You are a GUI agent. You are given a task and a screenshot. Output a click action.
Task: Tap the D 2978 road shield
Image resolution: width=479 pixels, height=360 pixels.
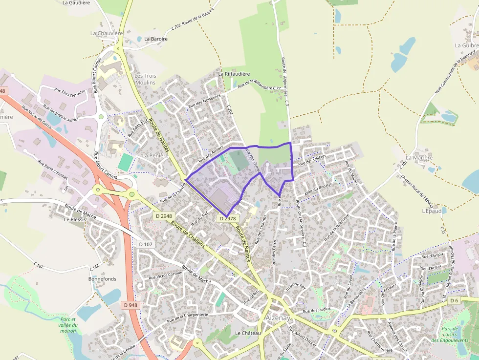coord(228,218)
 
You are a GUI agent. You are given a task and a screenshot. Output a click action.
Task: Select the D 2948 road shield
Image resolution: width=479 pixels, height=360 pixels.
coord(164,216)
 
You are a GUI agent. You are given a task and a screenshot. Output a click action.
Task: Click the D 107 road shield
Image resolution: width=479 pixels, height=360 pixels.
coord(146,244)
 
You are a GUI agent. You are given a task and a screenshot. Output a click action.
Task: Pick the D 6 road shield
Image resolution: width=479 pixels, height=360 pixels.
coord(455,300)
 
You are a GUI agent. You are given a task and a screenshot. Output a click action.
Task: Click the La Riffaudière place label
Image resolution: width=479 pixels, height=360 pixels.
coord(234,74)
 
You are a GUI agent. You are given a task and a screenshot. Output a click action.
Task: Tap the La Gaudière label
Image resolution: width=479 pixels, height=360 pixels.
coord(76,2)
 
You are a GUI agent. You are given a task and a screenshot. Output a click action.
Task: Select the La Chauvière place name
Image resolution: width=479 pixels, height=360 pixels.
coord(107,33)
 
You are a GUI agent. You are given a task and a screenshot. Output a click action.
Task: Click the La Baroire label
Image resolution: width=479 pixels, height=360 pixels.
coord(156,39)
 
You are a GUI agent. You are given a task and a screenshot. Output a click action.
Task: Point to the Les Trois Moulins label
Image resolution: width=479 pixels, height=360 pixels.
coord(145,79)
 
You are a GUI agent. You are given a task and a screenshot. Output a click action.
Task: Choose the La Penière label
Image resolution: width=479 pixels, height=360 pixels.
coord(155,155)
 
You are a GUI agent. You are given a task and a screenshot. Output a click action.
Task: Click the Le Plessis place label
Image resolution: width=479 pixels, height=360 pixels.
coord(75,219)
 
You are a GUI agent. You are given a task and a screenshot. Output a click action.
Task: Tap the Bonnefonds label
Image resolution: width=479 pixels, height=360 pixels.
coord(102,278)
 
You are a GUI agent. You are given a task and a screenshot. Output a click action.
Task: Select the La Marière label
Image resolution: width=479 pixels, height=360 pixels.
coord(419,158)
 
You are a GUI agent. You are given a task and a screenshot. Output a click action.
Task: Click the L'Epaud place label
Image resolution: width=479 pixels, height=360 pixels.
coord(432,211)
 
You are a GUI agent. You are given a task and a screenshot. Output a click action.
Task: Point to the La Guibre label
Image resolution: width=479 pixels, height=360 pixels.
coord(466,45)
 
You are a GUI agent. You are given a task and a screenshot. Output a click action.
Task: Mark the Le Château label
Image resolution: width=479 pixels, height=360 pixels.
coord(248,333)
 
